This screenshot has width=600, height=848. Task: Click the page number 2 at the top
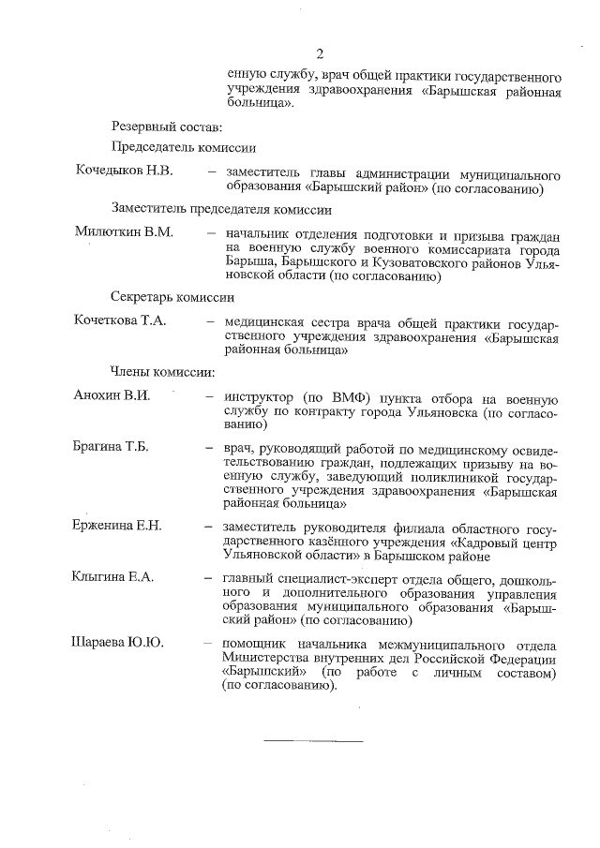(319, 54)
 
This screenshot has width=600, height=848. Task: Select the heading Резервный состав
(154, 126)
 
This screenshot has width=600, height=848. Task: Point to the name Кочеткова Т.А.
(119, 321)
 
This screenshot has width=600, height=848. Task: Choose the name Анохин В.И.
(112, 394)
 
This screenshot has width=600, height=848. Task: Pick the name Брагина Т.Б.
(111, 445)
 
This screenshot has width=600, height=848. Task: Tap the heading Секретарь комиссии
(172, 295)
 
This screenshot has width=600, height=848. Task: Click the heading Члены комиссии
(150, 371)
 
